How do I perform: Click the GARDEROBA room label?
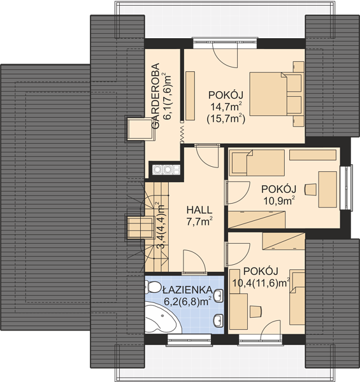[155, 95]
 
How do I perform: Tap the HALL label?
[199, 210]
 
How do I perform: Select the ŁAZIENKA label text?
[187, 290]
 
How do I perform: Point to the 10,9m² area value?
[279, 201]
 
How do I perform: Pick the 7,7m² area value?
[199, 221]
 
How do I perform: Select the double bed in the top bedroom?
[277, 94]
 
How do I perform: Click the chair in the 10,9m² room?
[310, 190]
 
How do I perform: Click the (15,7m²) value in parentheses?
[226, 120]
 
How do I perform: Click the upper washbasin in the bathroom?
[219, 296]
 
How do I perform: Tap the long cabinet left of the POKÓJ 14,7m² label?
[190, 95]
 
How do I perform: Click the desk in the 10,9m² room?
[328, 190]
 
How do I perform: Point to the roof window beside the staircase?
[140, 227]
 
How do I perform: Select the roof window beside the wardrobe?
[140, 129]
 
